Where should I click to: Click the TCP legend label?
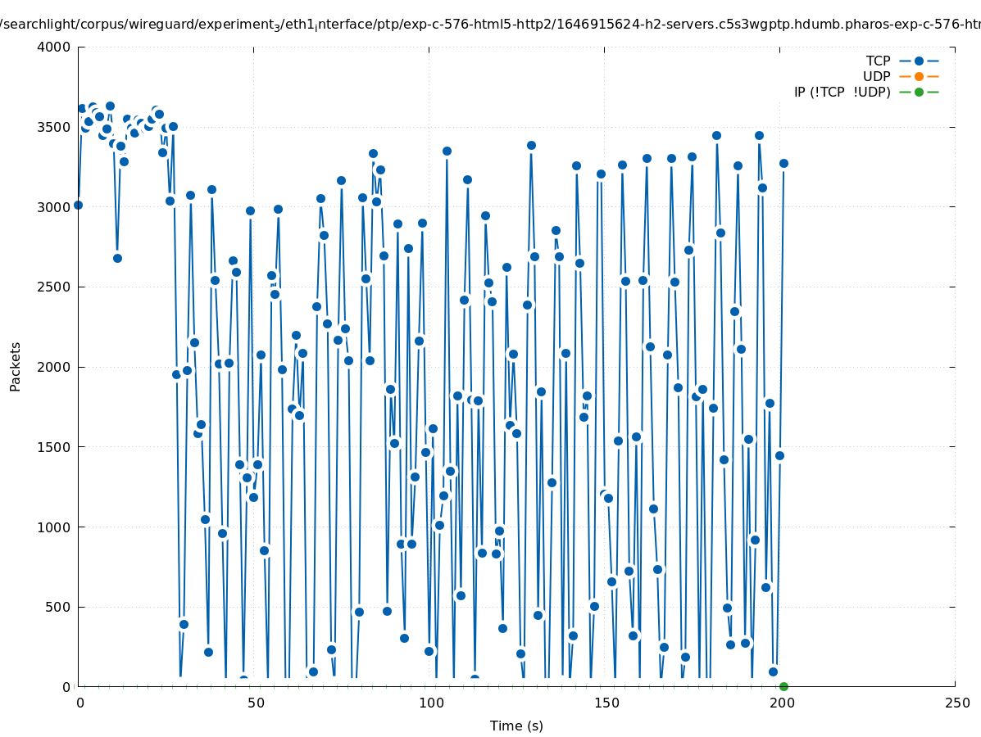point(878,61)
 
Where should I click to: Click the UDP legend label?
point(876,76)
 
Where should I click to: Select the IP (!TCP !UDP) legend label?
point(842,92)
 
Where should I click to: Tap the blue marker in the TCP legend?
point(919,61)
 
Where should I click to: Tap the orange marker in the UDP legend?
point(919,76)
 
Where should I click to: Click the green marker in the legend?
point(919,92)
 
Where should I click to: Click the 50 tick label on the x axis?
point(256,703)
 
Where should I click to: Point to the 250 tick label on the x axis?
point(956,703)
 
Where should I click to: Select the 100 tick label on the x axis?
point(430,703)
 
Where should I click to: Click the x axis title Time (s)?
point(516,726)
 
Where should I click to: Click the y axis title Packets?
point(16,366)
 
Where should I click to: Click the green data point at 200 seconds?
point(783,686)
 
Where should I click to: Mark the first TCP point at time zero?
point(78,205)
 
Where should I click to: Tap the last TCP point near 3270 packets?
point(783,163)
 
